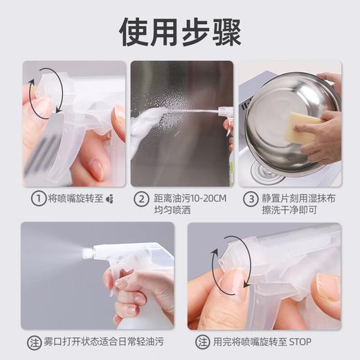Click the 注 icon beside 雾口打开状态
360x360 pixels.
point(32,342)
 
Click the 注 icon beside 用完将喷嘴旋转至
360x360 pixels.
point(201,342)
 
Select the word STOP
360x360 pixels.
point(298,342)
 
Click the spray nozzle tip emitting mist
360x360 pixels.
point(88,253)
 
